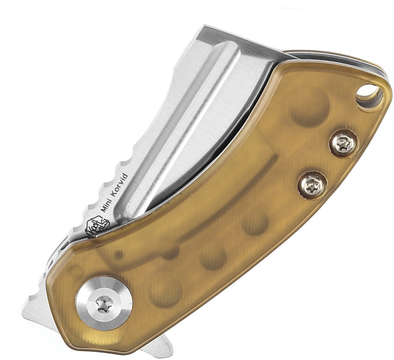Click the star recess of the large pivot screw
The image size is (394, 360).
click(104, 304)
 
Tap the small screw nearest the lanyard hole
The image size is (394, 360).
click(343, 144)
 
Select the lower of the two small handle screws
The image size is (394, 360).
click(312, 185)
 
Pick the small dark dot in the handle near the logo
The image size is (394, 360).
click(119, 255)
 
